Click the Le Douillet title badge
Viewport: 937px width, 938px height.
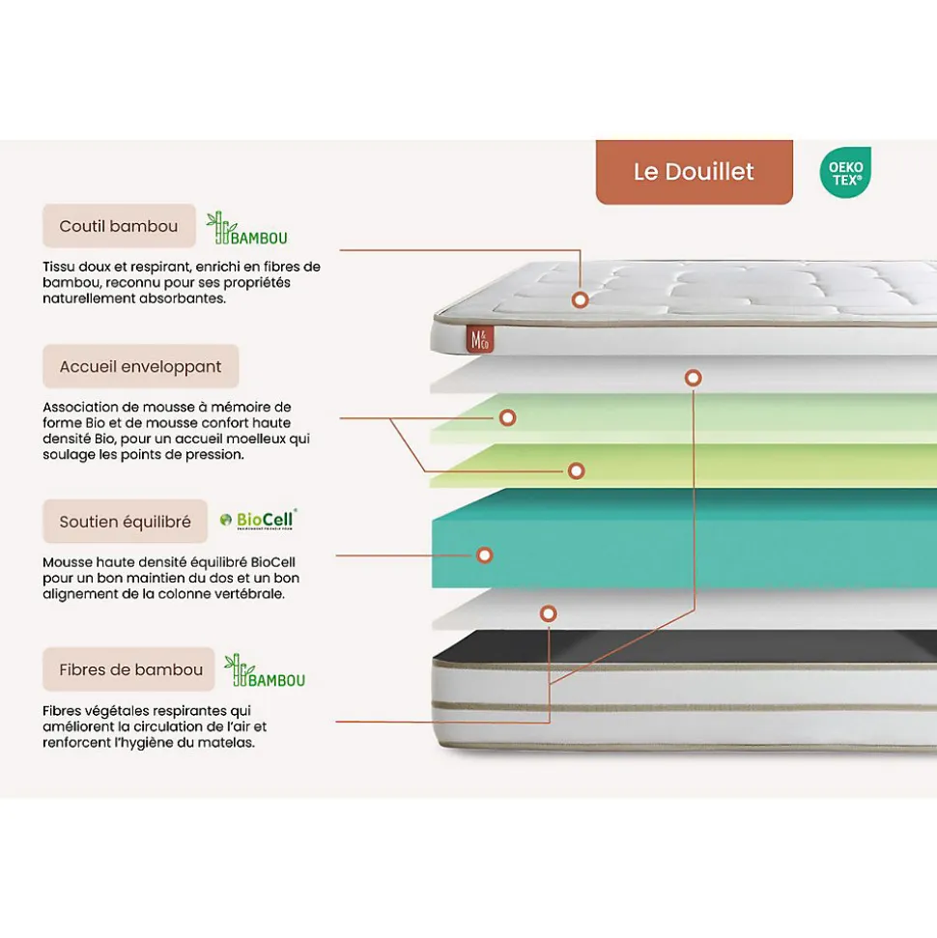coord(694,172)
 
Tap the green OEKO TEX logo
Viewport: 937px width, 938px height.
coord(845,172)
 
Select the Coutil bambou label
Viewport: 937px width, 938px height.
coord(119,226)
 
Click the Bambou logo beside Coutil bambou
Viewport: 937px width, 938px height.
coord(247,229)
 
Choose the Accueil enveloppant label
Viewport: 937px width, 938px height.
coord(140,367)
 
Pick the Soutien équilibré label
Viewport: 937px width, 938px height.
coord(125,522)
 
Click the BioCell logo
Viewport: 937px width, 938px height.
coord(258,520)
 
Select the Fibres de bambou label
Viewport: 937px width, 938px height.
coord(130,669)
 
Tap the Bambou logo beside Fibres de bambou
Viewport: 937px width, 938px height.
coord(265,671)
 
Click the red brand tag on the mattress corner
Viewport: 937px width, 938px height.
coord(478,339)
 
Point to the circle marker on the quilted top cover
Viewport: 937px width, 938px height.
coord(580,299)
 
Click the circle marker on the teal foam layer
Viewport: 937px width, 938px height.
coord(485,555)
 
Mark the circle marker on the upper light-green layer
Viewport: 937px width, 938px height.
coord(507,417)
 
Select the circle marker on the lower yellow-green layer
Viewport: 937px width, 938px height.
coord(576,470)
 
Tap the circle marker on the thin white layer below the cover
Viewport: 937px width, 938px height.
coord(693,378)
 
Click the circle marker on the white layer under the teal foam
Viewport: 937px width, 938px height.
coord(548,612)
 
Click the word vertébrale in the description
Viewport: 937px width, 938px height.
coord(248,594)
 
